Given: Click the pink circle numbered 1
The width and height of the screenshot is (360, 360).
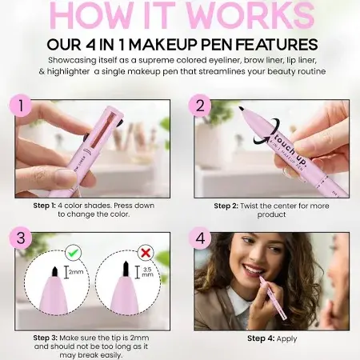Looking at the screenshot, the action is click(21, 105).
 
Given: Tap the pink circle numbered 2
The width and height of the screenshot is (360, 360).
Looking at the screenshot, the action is click(200, 105).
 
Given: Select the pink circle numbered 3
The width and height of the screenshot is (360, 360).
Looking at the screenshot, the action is click(21, 238).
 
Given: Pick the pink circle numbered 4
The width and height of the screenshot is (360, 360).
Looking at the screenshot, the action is click(200, 238).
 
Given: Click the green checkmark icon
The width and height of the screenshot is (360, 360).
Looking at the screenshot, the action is click(73, 252).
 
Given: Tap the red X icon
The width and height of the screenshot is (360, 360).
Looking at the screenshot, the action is click(146, 252).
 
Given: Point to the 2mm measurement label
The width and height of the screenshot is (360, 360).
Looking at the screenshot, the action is click(76, 272).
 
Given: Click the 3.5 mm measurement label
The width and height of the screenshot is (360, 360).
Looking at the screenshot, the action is click(147, 272).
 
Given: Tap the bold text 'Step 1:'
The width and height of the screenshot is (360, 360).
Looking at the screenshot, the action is click(45, 206).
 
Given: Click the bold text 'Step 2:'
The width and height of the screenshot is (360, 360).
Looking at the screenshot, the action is click(226, 206).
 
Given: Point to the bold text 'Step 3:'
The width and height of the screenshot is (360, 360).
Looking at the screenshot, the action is click(46, 338).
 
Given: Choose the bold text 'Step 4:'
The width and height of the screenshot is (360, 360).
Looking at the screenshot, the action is click(261, 338).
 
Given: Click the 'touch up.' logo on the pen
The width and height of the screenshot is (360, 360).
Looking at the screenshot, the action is click(291, 150).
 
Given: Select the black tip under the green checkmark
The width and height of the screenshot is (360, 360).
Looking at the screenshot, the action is click(55, 271).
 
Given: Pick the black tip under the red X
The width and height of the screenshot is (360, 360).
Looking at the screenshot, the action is click(126, 269).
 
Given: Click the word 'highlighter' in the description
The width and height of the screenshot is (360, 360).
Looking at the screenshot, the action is click(68, 72).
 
